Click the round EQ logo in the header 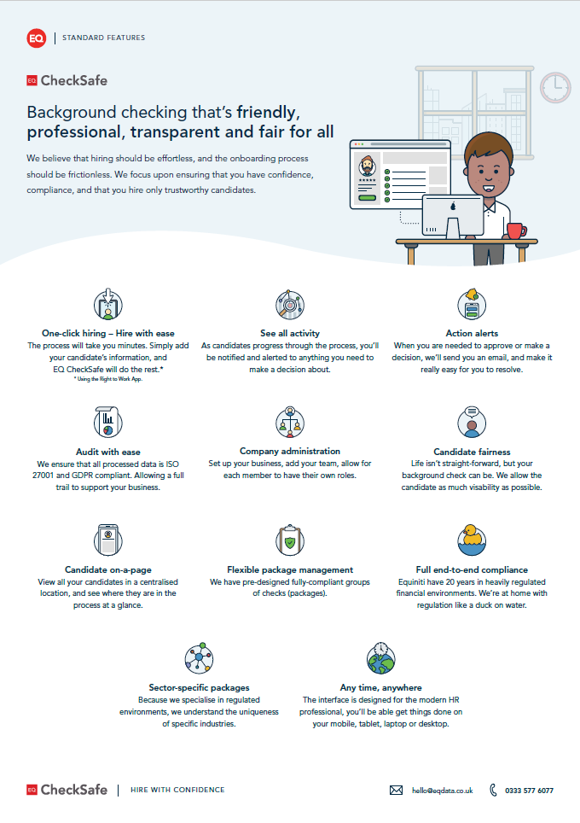click(x=36, y=38)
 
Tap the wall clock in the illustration click(x=555, y=86)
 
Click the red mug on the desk click(x=515, y=230)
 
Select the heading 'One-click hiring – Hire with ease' click(x=107, y=333)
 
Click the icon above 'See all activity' click(x=290, y=304)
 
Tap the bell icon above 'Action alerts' click(x=472, y=304)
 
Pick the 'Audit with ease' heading click(x=107, y=452)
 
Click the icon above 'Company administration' click(x=290, y=422)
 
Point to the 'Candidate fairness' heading click(x=472, y=452)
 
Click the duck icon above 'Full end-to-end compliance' click(x=472, y=540)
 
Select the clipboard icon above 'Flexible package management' click(x=290, y=540)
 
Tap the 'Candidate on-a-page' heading click(x=107, y=569)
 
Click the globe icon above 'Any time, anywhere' click(x=381, y=658)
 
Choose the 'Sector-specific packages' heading click(x=199, y=687)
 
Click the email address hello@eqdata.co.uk click(x=442, y=791)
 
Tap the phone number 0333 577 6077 click(x=529, y=791)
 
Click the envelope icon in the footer click(x=396, y=791)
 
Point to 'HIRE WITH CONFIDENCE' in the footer click(x=177, y=790)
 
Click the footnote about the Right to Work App click(x=107, y=379)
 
